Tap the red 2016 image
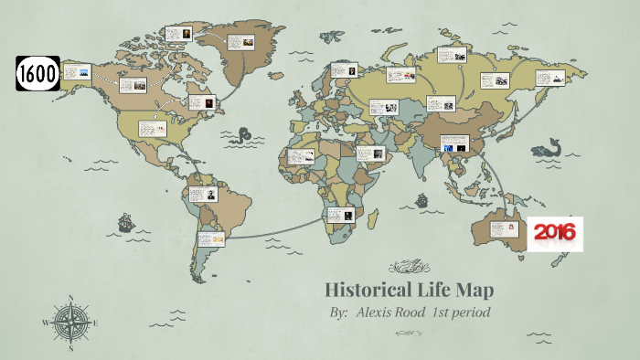point(554,234)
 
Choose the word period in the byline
point(473,313)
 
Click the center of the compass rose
point(70,322)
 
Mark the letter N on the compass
point(70,297)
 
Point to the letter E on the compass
point(95,322)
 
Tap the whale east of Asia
point(548,149)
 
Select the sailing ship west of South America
point(123,222)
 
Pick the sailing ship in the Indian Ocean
point(421,200)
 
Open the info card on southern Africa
point(340,216)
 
